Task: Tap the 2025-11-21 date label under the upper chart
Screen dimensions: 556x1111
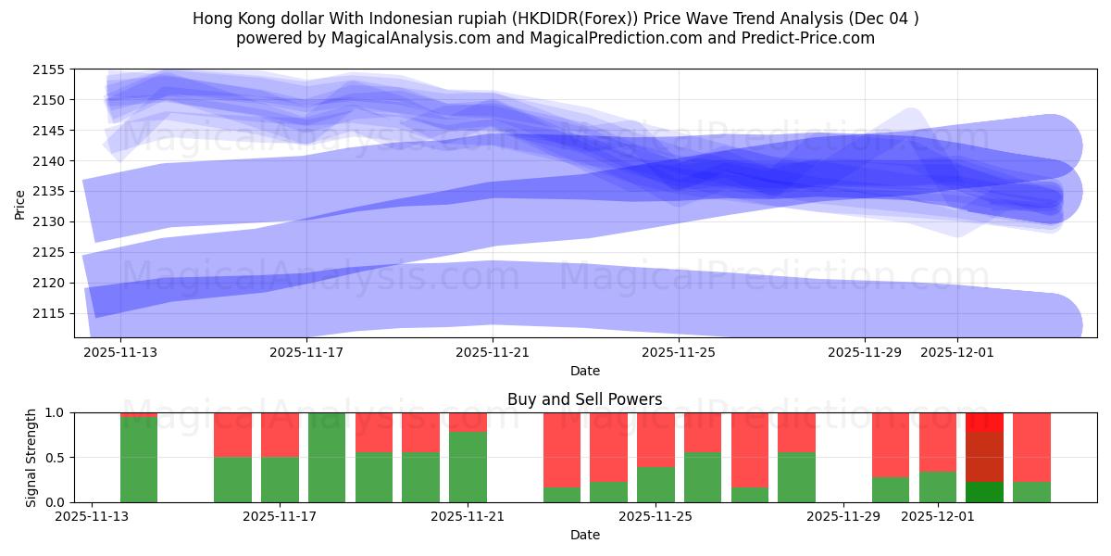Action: pyautogui.click(x=493, y=352)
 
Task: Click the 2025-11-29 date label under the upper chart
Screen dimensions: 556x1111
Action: pyautogui.click(x=865, y=352)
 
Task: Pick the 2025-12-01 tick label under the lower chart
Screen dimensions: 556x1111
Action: pyautogui.click(x=939, y=516)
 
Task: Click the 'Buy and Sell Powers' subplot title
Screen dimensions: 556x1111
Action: pyautogui.click(x=584, y=400)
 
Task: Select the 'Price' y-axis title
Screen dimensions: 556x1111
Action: pyautogui.click(x=20, y=204)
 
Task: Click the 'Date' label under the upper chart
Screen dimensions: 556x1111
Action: pyautogui.click(x=584, y=371)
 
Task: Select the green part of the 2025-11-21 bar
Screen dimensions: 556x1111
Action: pyautogui.click(x=468, y=467)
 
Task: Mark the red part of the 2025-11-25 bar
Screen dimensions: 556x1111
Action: pyautogui.click(x=655, y=439)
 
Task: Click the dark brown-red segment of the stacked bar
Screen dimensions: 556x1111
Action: pyautogui.click(x=984, y=457)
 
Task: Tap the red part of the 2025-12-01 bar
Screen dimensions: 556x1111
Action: pyautogui.click(x=938, y=442)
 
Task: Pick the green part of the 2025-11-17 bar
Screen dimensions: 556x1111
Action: pyautogui.click(x=327, y=458)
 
